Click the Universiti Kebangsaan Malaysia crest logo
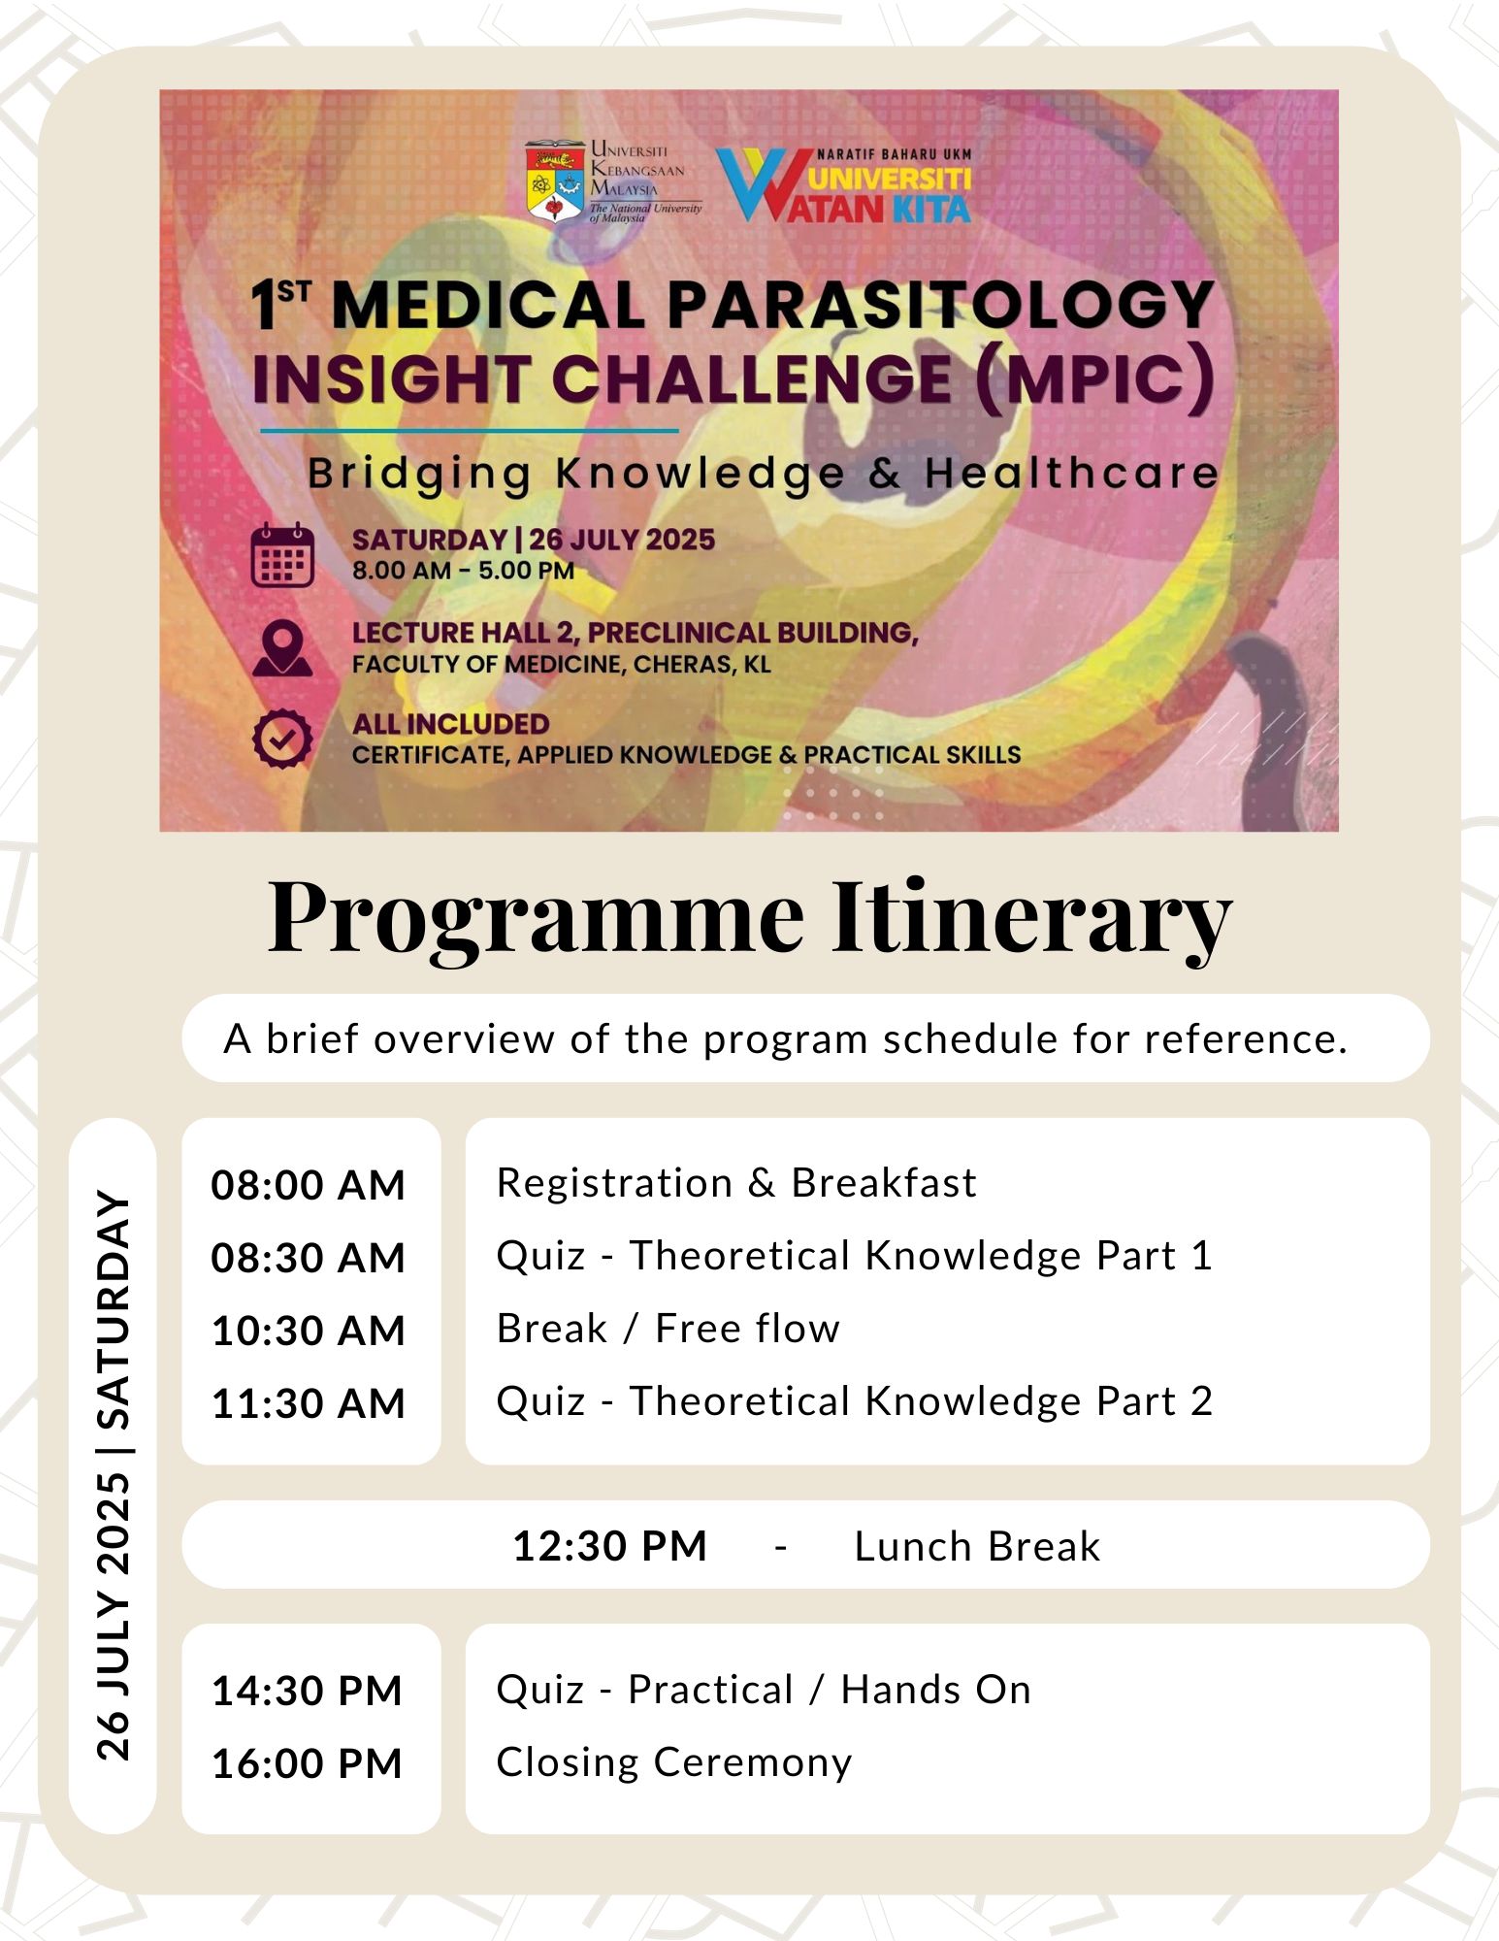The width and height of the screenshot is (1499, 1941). click(x=555, y=182)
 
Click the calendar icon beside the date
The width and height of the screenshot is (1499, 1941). click(x=281, y=555)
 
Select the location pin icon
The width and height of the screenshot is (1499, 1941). click(x=281, y=647)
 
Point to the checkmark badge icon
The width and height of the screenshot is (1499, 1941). click(x=281, y=740)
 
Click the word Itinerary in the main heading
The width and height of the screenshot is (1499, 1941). click(x=1030, y=917)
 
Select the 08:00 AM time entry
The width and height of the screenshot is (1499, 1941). click(x=308, y=1185)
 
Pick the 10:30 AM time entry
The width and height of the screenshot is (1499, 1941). click(x=308, y=1331)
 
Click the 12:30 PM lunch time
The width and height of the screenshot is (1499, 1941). click(x=609, y=1546)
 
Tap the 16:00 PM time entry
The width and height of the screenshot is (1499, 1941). click(x=307, y=1763)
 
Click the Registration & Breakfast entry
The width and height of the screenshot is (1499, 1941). click(x=736, y=1183)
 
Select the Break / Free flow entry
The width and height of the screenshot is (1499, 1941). click(x=668, y=1329)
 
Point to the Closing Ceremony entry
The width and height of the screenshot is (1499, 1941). click(x=673, y=1761)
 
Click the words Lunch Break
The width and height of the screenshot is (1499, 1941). click(x=977, y=1546)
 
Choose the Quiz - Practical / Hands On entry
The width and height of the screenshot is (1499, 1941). click(x=763, y=1690)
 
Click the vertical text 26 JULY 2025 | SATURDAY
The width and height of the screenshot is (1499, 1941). click(x=114, y=1475)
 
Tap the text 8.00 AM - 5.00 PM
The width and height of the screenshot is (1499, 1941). click(x=463, y=571)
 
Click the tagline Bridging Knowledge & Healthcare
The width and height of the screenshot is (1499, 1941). click(x=763, y=474)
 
